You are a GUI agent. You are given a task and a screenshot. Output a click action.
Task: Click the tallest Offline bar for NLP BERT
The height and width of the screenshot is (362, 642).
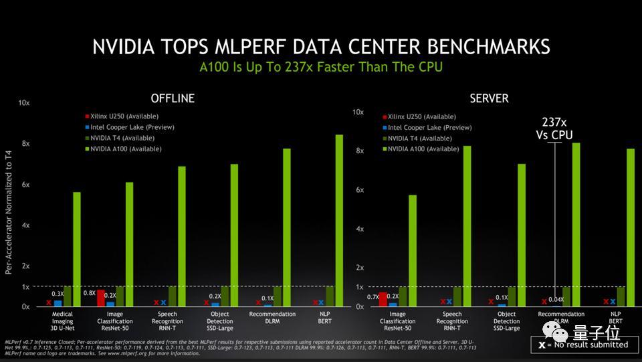pos(339,220)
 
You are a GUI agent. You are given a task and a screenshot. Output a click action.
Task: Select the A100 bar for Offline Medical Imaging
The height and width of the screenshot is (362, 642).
pos(76,249)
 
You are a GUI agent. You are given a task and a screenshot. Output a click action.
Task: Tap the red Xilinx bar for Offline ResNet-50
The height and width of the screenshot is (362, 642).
pos(101,298)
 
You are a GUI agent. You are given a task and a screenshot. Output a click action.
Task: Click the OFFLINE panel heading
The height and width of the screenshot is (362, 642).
pos(173,98)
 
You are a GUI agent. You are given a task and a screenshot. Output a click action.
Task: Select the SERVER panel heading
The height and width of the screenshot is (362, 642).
pos(489,98)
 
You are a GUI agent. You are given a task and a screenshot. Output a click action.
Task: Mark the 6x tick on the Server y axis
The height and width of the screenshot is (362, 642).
pos(359,190)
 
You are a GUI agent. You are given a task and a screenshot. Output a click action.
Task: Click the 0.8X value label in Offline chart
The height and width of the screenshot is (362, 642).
pos(88,293)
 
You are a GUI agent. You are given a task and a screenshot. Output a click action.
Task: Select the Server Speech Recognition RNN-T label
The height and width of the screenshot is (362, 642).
pos(453,318)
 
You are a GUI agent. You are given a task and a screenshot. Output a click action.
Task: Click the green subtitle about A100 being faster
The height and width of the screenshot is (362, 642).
pos(321,68)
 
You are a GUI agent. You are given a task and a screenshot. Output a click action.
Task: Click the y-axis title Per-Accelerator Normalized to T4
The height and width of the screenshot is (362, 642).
pos(9,212)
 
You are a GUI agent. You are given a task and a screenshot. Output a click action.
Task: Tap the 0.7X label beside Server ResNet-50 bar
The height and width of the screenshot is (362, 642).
pos(373,296)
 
